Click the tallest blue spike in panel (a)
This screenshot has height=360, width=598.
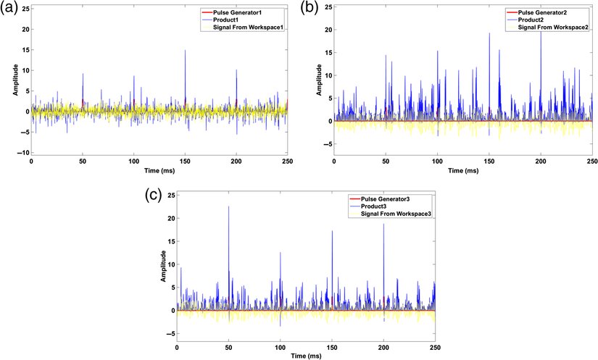[185, 51]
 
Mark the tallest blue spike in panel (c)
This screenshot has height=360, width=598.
[229, 207]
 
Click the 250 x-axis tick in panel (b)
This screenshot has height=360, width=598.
[591, 162]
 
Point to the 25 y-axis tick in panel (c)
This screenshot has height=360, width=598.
[170, 195]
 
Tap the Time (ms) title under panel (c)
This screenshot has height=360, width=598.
[306, 356]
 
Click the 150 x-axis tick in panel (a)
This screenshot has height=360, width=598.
[185, 162]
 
